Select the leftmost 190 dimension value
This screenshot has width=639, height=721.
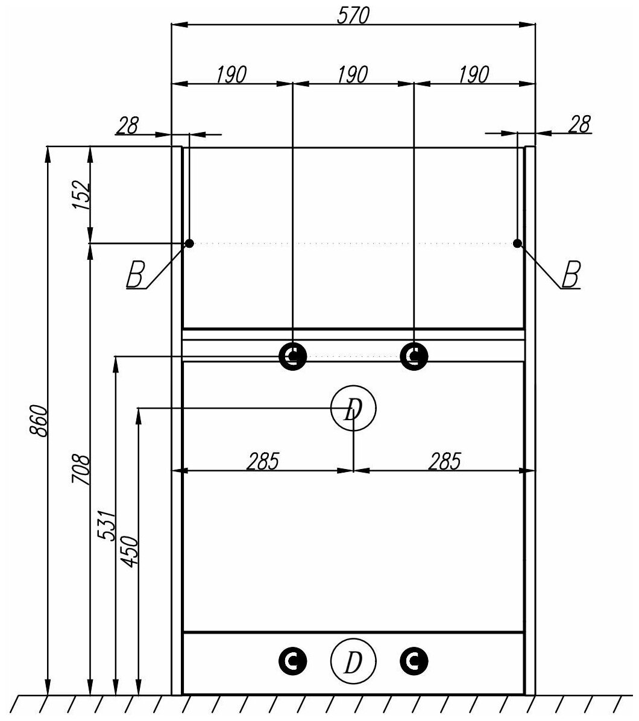[x=231, y=75]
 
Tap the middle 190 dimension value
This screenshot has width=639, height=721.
[x=353, y=75]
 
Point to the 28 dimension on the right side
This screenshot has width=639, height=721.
[x=579, y=125]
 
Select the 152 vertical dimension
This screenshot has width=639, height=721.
[x=82, y=195]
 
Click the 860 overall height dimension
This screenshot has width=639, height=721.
[x=38, y=421]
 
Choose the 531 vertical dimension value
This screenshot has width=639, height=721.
[x=106, y=525]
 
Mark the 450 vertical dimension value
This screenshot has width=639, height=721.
[x=130, y=551]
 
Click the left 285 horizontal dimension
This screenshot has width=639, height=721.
[x=263, y=461]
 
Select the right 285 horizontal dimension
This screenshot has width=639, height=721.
[x=444, y=461]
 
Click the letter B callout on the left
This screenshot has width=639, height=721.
[x=135, y=276]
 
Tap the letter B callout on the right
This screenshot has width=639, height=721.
[x=571, y=276]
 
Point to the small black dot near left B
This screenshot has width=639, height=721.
[x=189, y=243]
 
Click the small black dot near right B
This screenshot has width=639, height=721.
[x=517, y=243]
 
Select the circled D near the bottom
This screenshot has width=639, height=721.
[x=353, y=663]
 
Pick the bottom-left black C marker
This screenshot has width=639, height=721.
[x=293, y=661]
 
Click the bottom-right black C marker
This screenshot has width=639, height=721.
[x=414, y=661]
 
